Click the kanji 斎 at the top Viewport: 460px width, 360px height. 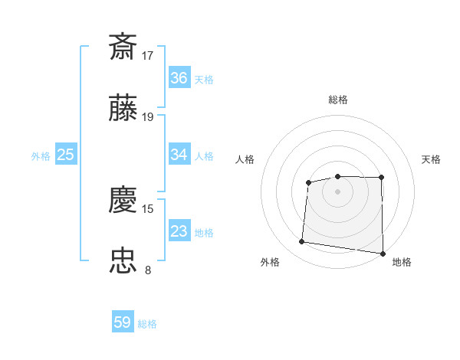coord(123,47)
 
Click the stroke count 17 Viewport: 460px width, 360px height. coord(148,55)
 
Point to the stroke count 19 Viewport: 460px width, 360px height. coord(148,116)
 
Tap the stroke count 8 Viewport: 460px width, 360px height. coord(148,270)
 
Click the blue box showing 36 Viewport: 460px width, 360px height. coord(179,78)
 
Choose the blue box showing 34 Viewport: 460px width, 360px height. coord(179,155)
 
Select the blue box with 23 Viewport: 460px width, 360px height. coord(179,231)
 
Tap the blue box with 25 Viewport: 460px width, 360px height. coord(66,155)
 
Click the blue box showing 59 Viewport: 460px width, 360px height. coord(123,322)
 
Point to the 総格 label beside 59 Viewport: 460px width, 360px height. coord(147,324)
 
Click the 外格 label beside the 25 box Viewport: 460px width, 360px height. coord(41,156)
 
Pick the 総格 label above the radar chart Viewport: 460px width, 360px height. coord(338,100)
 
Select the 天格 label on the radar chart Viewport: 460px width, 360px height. coord(432,159)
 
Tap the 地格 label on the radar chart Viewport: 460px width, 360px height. coord(402,263)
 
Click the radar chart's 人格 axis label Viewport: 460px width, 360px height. coord(245,159)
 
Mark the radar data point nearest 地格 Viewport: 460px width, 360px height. coord(383,254)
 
